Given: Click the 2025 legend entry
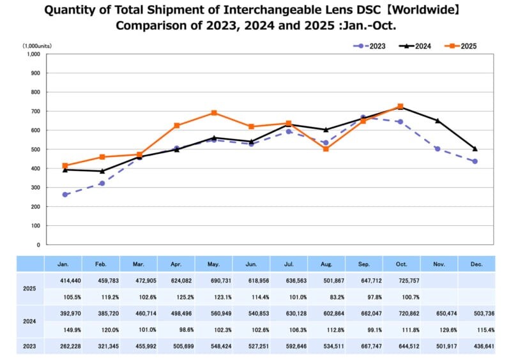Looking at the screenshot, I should (462, 46).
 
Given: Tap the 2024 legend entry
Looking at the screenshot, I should (415, 46).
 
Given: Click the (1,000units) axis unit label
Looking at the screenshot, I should (38, 46).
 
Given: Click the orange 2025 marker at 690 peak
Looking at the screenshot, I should (214, 113).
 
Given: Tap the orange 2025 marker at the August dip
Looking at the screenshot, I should (326, 149).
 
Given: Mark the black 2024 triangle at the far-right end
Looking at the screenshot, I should (475, 149).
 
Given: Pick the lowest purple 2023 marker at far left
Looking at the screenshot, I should (65, 194).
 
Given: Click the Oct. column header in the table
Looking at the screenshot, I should (400, 264).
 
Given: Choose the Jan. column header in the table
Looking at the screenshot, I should (63, 264).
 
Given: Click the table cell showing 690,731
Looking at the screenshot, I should (213, 280).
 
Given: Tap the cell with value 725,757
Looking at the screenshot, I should (401, 280).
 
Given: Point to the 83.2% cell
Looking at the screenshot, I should (326, 296).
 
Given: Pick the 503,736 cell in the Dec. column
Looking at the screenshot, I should (476, 313).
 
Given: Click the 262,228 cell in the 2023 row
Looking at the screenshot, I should (63, 347).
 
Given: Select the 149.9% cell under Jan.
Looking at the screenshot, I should (63, 329).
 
